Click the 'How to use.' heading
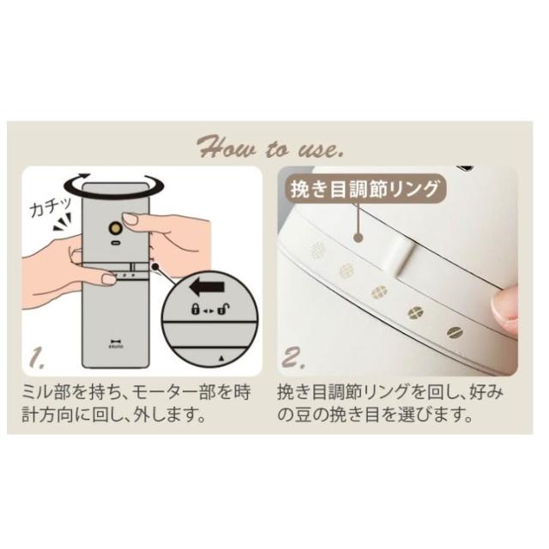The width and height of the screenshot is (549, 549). [270, 148]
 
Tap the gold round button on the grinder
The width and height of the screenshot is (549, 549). [114, 229]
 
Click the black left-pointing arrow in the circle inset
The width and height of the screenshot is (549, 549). [207, 287]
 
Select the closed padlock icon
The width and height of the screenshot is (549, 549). [195, 309]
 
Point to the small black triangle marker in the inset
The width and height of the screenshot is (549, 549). [221, 359]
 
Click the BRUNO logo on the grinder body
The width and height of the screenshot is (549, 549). [115, 344]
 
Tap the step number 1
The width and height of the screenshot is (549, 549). [37, 359]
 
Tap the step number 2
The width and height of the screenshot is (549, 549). [293, 359]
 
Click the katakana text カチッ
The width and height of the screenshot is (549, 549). [51, 207]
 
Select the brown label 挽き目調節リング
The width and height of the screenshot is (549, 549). [365, 190]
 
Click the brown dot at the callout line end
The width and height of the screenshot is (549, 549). [359, 238]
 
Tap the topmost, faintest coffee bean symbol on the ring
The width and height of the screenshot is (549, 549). [318, 250]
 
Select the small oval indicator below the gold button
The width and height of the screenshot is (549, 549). [114, 242]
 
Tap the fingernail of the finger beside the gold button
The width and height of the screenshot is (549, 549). [130, 220]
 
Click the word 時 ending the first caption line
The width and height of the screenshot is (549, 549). [242, 393]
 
